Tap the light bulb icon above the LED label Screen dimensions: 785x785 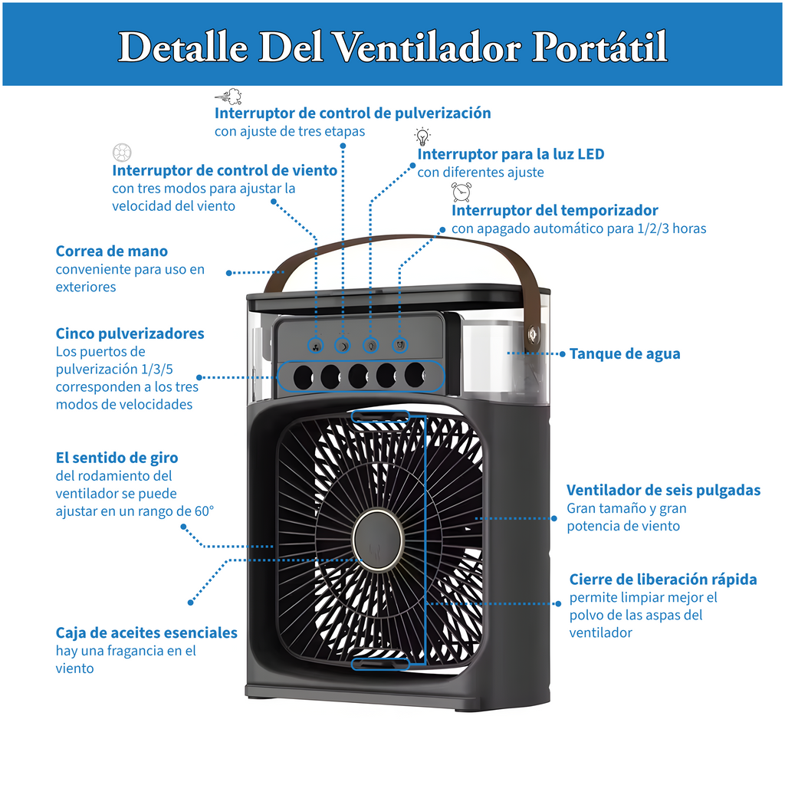click(x=422, y=136)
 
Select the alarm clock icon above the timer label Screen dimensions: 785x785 click(x=461, y=192)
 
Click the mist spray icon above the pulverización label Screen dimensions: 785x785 click(x=228, y=97)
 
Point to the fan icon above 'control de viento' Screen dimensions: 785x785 click(x=122, y=152)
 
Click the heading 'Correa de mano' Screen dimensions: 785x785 click(x=112, y=251)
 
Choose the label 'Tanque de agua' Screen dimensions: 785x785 click(x=624, y=353)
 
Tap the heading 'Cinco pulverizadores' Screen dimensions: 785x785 click(x=130, y=333)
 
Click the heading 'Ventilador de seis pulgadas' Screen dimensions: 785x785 click(x=663, y=490)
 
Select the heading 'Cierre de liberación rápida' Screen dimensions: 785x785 click(x=663, y=579)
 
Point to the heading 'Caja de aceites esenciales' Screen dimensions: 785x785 click(x=146, y=632)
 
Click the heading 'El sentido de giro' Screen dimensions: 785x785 click(x=117, y=458)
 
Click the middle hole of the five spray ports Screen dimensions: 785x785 click(x=358, y=376)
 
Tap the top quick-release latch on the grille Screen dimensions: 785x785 click(x=380, y=416)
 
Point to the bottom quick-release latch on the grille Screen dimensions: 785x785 click(x=380, y=662)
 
